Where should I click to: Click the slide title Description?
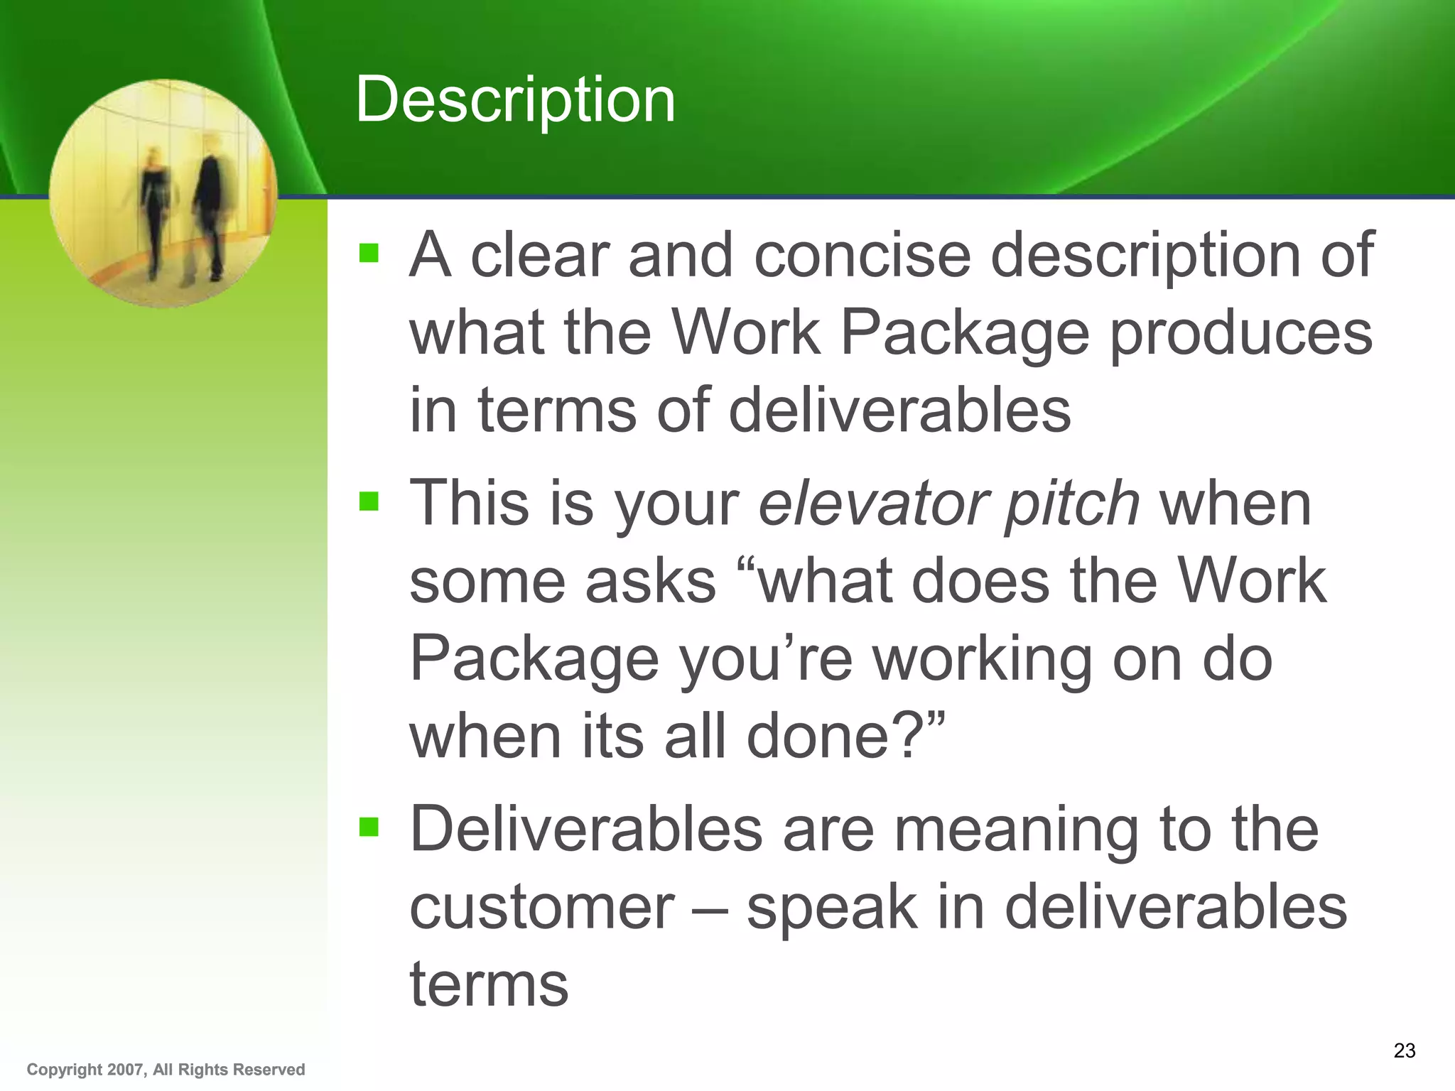515,100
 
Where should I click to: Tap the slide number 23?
1404,1051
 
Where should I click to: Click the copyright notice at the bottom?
166,1070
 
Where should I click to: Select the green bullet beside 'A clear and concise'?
369,254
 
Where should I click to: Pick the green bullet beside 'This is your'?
369,502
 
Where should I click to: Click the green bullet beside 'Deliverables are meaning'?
369,827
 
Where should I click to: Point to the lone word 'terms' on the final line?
489,984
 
